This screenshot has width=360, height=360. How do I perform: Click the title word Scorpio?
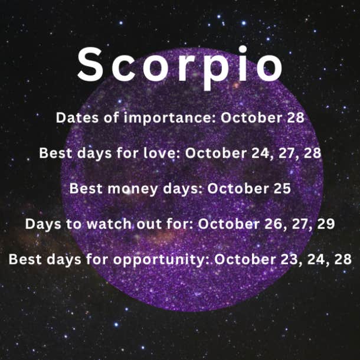(x=180, y=67)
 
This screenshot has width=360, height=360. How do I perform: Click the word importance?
(x=170, y=118)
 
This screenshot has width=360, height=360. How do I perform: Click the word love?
(x=161, y=153)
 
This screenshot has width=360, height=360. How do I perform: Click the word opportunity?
(x=161, y=260)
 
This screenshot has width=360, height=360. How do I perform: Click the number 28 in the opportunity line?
(x=343, y=259)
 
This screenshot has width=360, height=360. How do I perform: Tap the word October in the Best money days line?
(x=238, y=188)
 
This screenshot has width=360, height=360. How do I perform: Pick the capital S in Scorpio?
(x=90, y=64)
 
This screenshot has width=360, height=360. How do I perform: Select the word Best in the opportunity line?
(x=25, y=259)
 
